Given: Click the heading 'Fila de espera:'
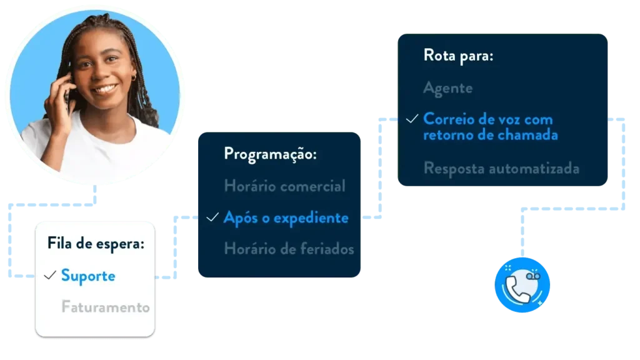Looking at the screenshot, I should (96, 244).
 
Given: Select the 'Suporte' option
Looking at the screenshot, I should (88, 276).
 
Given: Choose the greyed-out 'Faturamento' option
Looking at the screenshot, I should (106, 307).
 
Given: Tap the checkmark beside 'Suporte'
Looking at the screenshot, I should (51, 275).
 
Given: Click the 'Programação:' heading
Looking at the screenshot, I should (270, 154).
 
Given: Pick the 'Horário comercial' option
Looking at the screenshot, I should (284, 186).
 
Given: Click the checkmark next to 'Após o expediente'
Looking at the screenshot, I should (212, 217).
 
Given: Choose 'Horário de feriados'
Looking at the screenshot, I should (289, 249).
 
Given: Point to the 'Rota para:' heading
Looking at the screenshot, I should (458, 56).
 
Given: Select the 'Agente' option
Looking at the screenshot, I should (447, 88).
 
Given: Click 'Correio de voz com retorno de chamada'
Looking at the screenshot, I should (490, 126).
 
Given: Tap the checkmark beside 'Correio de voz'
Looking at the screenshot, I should (411, 119).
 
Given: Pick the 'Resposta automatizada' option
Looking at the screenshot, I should (501, 168).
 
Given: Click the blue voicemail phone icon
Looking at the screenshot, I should (522, 285).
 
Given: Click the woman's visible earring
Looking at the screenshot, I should (132, 77).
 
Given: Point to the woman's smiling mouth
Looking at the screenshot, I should (106, 89).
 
